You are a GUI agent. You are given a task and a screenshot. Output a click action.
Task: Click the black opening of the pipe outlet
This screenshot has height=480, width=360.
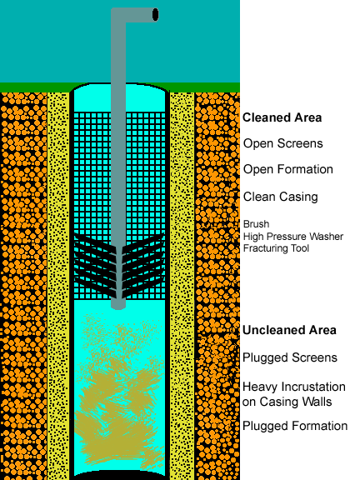pyautogui.click(x=156, y=15)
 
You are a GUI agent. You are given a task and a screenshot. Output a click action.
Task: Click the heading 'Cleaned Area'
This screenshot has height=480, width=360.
pyautogui.click(x=282, y=117)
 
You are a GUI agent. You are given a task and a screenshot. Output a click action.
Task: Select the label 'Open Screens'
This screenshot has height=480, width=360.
pyautogui.click(x=282, y=143)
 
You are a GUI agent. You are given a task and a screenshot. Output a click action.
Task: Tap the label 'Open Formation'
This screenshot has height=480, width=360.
pyautogui.click(x=288, y=169)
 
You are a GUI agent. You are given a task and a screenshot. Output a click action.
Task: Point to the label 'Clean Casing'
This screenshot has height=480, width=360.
pyautogui.click(x=280, y=197)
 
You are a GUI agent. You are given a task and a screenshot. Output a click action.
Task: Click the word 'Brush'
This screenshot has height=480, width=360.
pyautogui.click(x=256, y=224)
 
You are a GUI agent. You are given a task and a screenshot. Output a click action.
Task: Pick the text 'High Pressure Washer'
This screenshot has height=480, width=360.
pyautogui.click(x=293, y=237)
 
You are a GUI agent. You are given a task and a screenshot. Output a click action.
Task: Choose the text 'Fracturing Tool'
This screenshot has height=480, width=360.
pyautogui.click(x=276, y=248)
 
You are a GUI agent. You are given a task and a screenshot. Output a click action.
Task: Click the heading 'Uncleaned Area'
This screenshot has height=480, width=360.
pyautogui.click(x=289, y=330)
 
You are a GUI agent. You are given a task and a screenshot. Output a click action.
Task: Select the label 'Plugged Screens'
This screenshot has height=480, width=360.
pyautogui.click(x=290, y=357)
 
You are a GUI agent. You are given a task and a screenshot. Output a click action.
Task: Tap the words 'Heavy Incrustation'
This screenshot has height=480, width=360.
pyautogui.click(x=294, y=387)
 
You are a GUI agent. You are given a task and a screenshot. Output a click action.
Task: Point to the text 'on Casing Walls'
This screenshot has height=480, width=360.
pyautogui.click(x=287, y=402)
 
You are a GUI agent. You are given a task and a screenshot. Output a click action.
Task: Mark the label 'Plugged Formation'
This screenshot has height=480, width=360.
pyautogui.click(x=295, y=426)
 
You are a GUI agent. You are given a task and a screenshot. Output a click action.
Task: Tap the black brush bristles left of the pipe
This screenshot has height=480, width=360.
pyautogui.click(x=95, y=266)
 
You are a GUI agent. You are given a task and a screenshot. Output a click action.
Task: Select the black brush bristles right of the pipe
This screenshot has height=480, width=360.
pyautogui.click(x=143, y=266)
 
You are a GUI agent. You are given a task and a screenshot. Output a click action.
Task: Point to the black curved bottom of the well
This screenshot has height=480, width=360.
pyautogui.click(x=120, y=475)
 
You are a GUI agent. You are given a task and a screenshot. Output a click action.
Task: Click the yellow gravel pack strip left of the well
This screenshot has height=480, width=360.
pyautogui.click(x=58, y=286)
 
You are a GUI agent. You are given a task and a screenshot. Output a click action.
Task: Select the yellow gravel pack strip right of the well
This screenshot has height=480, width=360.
pyautogui.click(x=182, y=286)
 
